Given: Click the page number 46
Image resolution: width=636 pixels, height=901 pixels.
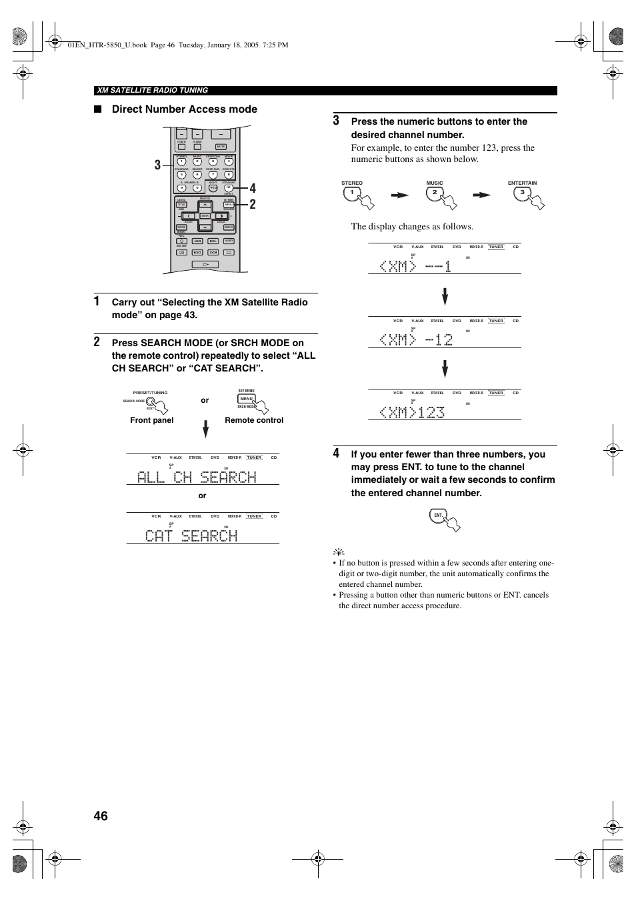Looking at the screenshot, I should coord(101,816).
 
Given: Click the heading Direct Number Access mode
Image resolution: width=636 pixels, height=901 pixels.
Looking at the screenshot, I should coord(184,109).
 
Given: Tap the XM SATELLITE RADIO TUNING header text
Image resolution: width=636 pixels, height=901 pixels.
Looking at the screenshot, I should coord(152,90).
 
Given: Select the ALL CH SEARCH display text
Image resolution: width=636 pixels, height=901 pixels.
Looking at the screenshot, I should coord(197,477).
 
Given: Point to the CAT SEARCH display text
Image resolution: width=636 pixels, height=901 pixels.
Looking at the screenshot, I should coord(191,536).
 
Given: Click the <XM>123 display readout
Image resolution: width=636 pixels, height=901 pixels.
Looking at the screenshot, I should coord(412,412).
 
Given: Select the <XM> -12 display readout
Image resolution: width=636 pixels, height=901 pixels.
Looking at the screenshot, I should coord(416,339).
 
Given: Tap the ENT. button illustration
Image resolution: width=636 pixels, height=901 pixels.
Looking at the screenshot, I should coord(438,515).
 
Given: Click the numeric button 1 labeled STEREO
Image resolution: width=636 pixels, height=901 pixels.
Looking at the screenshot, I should coord(351,193).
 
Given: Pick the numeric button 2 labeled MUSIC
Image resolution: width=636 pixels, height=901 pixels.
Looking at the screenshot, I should coord(434,193).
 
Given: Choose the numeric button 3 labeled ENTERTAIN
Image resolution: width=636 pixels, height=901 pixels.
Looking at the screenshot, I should coord(522,193).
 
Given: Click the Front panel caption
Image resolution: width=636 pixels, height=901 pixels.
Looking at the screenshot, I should coord(152,420).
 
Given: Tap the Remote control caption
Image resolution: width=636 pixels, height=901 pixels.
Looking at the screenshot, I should coord(254,420).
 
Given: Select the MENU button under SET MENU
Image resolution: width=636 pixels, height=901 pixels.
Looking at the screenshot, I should coord(246,398).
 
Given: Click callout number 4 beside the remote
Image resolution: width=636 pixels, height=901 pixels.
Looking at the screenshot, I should coord(253,188).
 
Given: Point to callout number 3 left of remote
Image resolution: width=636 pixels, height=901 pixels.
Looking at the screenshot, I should coord(157,165).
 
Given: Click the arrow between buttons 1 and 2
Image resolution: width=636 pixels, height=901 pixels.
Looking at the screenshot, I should coord(399,195).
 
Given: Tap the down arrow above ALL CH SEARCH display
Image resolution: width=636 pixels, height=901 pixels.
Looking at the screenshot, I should coord(205,428).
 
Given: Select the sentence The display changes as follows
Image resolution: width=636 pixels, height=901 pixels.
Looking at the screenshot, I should coord(412,226).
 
